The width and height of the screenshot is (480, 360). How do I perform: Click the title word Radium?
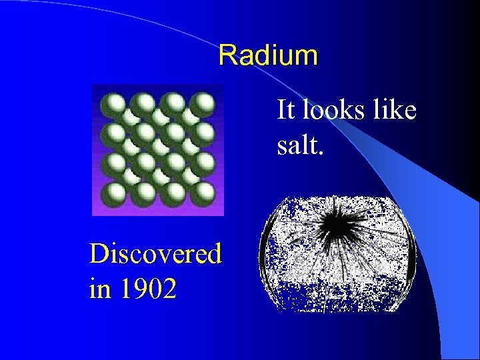click(268, 55)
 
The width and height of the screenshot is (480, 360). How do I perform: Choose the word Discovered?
click(155, 254)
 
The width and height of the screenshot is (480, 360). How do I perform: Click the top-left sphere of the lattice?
click(111, 104)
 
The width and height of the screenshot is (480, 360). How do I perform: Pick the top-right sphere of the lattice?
click(203, 104)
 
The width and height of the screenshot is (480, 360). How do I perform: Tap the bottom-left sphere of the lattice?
click(111, 193)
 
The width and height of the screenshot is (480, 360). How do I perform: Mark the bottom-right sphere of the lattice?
click(203, 193)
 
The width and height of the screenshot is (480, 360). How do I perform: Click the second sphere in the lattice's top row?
click(142, 104)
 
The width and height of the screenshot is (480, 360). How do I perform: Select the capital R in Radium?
click(227, 55)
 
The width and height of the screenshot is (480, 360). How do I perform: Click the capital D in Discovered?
click(98, 254)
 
